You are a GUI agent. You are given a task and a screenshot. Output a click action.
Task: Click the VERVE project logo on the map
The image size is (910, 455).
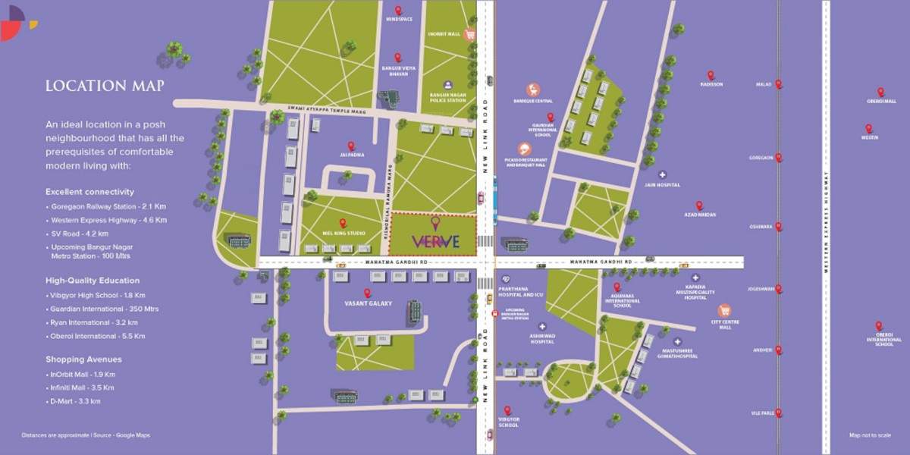435,241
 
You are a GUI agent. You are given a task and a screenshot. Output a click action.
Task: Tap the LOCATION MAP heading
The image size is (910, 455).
105,86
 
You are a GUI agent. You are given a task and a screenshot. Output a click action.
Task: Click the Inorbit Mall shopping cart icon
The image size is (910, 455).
470,34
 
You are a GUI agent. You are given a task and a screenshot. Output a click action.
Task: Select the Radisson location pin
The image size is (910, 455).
711,75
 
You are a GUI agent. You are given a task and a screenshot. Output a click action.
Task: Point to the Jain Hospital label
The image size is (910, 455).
668,184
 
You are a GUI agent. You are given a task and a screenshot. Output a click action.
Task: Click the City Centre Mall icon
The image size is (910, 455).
724,310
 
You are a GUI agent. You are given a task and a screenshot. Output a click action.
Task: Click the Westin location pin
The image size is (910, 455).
869,129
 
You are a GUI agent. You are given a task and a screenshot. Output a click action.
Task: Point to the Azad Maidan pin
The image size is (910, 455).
699,206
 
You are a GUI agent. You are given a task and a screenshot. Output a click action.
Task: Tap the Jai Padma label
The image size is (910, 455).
351,155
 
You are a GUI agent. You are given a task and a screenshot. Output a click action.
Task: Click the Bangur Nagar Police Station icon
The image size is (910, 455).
447,85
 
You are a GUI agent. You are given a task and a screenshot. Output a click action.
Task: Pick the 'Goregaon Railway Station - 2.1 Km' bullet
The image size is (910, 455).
104,206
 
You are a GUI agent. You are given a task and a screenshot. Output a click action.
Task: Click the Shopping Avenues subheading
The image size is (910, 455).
83,359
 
